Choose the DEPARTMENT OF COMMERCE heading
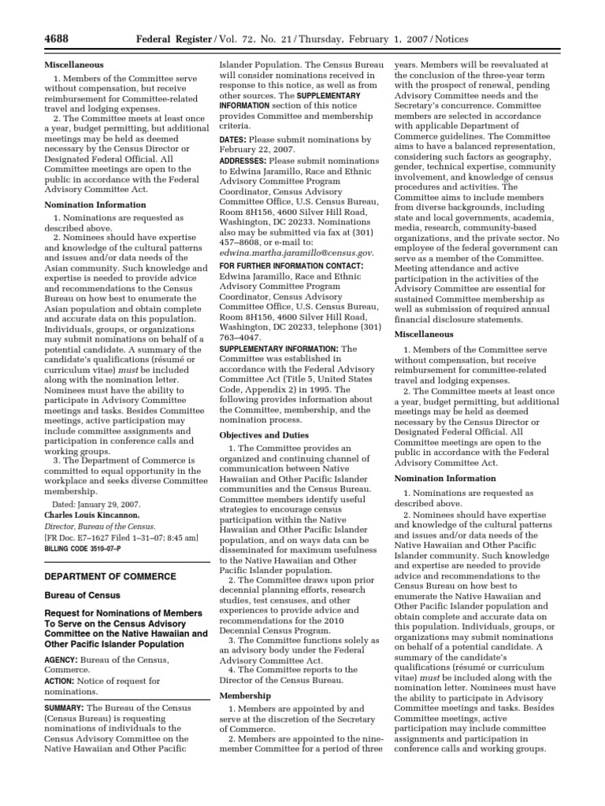(110, 577)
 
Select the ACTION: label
(61, 681)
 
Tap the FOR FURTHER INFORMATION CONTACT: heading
(291, 266)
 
